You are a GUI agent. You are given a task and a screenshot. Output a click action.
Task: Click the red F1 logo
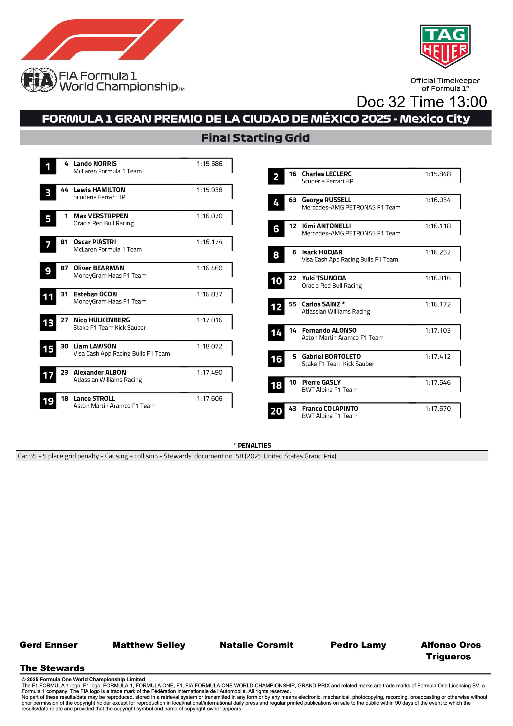click(103, 40)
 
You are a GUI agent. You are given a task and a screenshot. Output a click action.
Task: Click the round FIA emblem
click(38, 80)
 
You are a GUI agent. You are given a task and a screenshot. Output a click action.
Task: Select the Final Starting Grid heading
click(255, 138)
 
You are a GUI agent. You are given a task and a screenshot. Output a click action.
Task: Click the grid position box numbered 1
click(48, 167)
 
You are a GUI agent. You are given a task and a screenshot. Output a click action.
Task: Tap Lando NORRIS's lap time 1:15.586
click(209, 164)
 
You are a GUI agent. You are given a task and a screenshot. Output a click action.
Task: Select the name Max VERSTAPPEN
click(101, 216)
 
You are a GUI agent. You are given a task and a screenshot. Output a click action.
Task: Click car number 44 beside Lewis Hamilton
click(64, 190)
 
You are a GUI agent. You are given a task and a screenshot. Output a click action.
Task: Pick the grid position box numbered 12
click(276, 307)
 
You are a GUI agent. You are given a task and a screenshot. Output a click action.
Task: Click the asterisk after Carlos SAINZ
click(343, 304)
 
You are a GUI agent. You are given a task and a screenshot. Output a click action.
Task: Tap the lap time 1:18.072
click(209, 346)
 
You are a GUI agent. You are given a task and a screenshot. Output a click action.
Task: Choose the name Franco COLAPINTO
click(330, 408)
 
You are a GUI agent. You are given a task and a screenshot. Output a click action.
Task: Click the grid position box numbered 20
click(276, 411)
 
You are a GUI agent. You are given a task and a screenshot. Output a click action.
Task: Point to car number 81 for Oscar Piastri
click(64, 242)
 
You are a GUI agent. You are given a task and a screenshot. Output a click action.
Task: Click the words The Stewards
click(52, 668)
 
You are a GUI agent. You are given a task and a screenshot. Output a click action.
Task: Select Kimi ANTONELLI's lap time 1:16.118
click(437, 226)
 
